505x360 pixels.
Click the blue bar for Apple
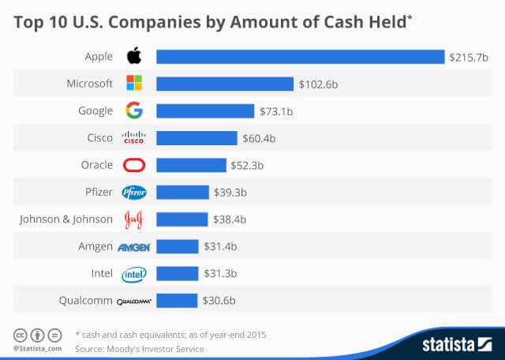pyautogui.click(x=300, y=56)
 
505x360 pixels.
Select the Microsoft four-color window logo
pyautogui.click(x=134, y=84)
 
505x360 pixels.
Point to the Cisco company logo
pyautogui.click(x=134, y=138)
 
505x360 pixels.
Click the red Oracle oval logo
pyautogui.click(x=134, y=166)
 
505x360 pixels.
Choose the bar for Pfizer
pyautogui.click(x=182, y=193)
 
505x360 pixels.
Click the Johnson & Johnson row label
pyautogui.click(x=66, y=219)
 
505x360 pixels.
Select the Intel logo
pyautogui.click(x=134, y=274)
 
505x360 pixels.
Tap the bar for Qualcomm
pyautogui.click(x=177, y=301)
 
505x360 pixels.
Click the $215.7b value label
pyautogui.click(x=468, y=57)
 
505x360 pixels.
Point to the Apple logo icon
pyautogui.click(x=134, y=56)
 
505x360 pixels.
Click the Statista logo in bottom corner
pyautogui.click(x=455, y=343)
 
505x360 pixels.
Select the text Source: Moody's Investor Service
pyautogui.click(x=139, y=348)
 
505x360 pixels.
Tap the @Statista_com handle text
pyautogui.click(x=37, y=348)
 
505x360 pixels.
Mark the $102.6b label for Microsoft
pyautogui.click(x=318, y=84)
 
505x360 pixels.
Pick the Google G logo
pyautogui.click(x=134, y=111)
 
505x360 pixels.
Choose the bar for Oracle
pyautogui.click(x=191, y=166)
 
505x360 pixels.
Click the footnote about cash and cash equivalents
pyautogui.click(x=170, y=334)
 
